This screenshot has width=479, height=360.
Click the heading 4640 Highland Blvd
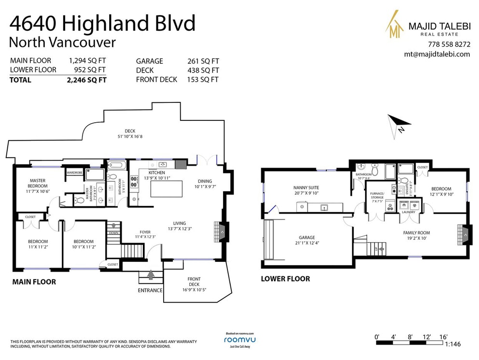[103, 23]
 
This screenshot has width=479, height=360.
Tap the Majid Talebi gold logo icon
[394, 26]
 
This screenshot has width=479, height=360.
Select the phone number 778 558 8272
[449, 44]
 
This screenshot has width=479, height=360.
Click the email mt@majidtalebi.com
[437, 54]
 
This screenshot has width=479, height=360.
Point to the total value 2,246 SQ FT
[87, 80]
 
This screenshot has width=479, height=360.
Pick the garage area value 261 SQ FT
[203, 61]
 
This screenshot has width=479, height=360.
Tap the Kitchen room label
[157, 173]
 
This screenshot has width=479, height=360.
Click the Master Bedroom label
[37, 183]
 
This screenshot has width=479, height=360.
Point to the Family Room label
[416, 233]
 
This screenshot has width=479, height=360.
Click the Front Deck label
[194, 282]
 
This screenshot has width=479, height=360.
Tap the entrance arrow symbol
[151, 275]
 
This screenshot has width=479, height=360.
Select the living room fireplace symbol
[222, 232]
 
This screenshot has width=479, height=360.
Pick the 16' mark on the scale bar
[443, 336]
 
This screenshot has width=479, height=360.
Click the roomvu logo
[240, 340]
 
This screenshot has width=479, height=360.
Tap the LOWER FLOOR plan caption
[285, 279]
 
